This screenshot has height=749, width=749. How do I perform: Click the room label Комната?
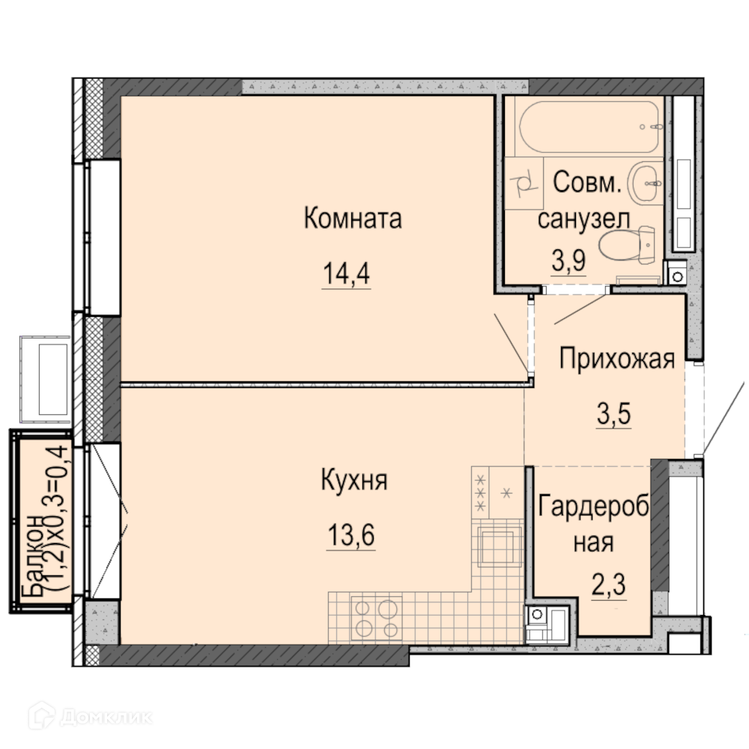(353, 218)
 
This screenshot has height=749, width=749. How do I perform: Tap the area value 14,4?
(346, 273)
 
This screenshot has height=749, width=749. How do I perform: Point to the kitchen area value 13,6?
(351, 535)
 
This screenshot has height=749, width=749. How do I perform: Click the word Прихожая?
(617, 359)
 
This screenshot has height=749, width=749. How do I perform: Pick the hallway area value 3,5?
(614, 413)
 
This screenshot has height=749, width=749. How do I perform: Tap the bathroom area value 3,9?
(569, 261)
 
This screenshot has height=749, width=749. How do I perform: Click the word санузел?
(583, 219)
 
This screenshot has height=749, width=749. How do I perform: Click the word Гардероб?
(594, 506)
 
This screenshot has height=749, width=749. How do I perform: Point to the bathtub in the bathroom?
(590, 126)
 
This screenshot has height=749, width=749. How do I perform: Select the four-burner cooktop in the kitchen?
(377, 618)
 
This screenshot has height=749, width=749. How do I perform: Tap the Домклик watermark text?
(106, 717)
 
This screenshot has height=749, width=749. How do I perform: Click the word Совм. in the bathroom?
(587, 183)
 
